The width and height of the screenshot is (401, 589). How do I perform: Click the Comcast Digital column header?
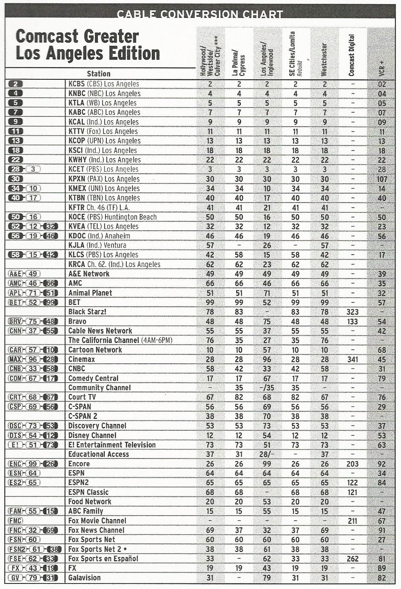(x=352, y=55)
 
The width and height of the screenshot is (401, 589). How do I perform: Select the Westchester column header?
(x=324, y=59)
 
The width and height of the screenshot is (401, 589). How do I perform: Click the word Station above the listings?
(x=99, y=74)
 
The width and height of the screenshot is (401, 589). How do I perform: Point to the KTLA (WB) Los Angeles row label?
(x=102, y=103)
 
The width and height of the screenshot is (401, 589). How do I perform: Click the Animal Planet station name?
(x=90, y=293)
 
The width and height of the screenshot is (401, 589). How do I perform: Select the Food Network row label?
(x=90, y=502)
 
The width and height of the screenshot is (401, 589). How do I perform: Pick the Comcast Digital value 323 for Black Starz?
(x=352, y=312)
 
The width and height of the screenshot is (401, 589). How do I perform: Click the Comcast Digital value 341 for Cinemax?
(x=352, y=359)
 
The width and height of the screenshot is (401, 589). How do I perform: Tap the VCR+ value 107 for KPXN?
(x=382, y=179)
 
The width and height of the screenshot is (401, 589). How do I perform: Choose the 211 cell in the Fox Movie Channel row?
(x=352, y=521)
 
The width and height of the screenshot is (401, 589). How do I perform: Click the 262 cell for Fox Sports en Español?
(x=352, y=559)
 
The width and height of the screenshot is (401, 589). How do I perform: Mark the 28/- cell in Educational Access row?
(x=267, y=454)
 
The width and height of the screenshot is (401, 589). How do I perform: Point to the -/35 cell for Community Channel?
(x=267, y=388)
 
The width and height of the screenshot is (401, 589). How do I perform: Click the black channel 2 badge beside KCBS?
(x=15, y=84)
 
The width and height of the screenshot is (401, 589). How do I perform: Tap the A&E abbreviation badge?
(x=15, y=274)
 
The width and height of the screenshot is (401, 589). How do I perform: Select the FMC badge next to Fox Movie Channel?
(x=15, y=521)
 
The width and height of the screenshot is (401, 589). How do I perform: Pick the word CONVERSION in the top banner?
(x=199, y=14)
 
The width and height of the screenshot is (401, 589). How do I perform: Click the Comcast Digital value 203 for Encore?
(x=352, y=464)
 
